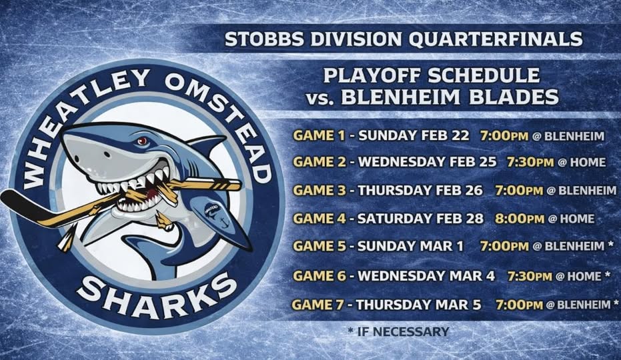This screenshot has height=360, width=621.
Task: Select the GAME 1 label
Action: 320,136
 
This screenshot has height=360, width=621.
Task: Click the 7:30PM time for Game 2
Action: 530,162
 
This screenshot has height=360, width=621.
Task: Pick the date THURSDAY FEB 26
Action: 420,191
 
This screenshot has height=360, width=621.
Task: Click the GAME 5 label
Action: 320,247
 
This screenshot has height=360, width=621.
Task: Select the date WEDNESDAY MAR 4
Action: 426,275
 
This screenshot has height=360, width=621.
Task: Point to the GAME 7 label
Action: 318,305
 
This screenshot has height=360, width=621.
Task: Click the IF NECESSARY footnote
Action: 398,331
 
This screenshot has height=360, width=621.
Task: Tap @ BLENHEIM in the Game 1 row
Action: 568,136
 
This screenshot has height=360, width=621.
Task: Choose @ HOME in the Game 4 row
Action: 572,219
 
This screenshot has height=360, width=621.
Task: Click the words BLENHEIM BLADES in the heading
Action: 450,97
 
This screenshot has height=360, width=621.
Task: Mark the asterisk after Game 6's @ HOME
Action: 607,274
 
